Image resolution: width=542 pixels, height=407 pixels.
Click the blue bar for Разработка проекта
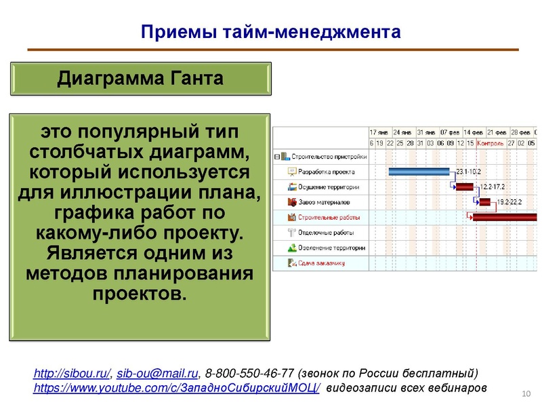pyautogui.click(x=419, y=172)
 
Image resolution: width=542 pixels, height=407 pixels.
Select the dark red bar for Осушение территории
pyautogui.click(x=464, y=187)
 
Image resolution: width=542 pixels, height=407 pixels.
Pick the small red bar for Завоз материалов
pyautogui.click(x=484, y=202)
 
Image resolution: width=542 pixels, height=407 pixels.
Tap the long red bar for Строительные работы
pyautogui.click(x=504, y=217)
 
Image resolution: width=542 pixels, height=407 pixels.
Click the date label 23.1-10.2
pyautogui.click(x=469, y=172)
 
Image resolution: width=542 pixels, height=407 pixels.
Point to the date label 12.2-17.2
pyautogui.click(x=493, y=187)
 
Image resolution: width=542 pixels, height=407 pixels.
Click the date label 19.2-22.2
pyautogui.click(x=510, y=202)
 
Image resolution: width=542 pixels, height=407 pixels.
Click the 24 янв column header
pyautogui.click(x=402, y=132)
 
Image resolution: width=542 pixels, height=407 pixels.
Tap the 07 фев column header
pyautogui.click(x=450, y=132)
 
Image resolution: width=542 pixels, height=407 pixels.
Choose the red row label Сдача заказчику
pyautogui.click(x=322, y=263)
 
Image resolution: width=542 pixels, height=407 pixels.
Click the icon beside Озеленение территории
pyautogui.click(x=292, y=248)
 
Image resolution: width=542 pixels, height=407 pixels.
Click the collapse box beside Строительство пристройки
pyautogui.click(x=276, y=156)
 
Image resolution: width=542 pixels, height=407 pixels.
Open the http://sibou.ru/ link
pyautogui.click(x=72, y=374)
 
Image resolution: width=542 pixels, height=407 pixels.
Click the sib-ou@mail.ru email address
pyautogui.click(x=158, y=374)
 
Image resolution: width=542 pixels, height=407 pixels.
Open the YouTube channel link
pyautogui.click(x=178, y=388)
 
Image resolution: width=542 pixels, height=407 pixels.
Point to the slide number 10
pyautogui.click(x=524, y=394)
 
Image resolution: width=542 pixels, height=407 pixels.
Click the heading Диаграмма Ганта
pyautogui.click(x=140, y=79)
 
